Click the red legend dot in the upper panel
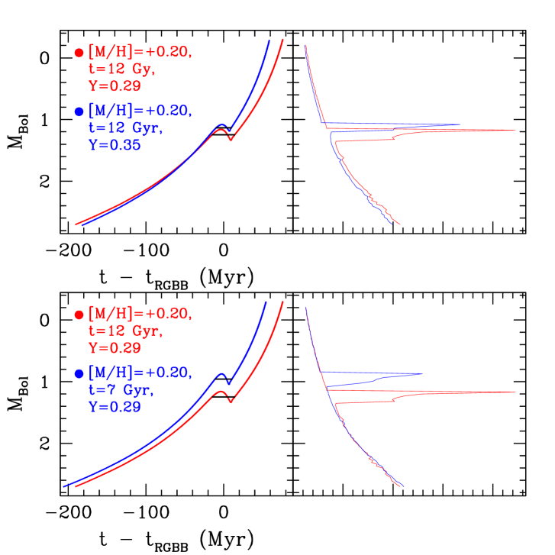[x=79, y=53]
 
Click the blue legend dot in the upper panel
[x=79, y=111]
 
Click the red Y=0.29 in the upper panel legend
[x=115, y=86]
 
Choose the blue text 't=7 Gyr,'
[x=122, y=390]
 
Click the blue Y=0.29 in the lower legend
[x=115, y=408]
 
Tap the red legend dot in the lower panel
[x=79, y=315]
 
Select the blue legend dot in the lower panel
[x=79, y=374]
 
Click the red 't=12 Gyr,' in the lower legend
[x=126, y=331]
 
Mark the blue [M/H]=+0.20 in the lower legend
[x=140, y=373]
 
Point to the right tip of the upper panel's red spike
[x=516, y=131]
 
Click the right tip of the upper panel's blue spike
[x=460, y=124]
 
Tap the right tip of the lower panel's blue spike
[x=422, y=374]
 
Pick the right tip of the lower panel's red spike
[x=516, y=392]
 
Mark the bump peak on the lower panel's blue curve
[x=221, y=373]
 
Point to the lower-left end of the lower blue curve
[x=63, y=486]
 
